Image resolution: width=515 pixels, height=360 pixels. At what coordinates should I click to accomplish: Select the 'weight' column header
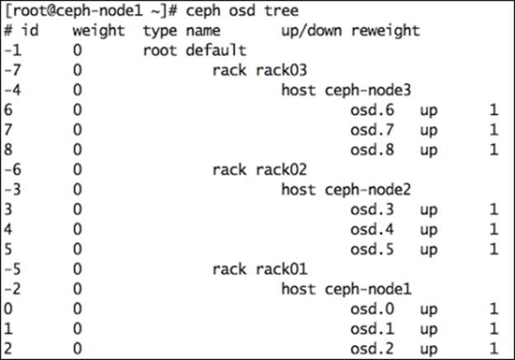point(98,31)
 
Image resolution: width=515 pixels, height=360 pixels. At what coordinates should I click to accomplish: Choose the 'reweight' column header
point(386,31)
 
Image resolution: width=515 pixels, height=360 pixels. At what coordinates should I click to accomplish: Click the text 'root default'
point(194,51)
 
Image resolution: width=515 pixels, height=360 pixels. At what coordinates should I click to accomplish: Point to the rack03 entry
point(246,71)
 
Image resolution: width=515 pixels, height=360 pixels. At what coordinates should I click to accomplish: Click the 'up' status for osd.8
point(428,150)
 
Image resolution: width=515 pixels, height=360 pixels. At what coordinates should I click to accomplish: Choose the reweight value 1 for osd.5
point(494,249)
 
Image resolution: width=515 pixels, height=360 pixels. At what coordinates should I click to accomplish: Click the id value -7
point(11,71)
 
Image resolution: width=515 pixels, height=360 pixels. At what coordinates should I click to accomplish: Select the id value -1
point(11,51)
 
